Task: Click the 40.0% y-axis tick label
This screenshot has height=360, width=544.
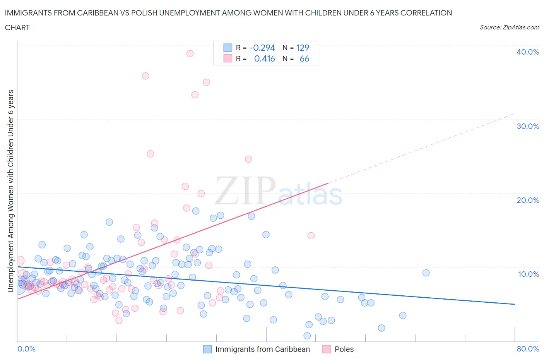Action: pyautogui.click(x=527, y=52)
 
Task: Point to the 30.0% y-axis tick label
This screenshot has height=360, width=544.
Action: pyautogui.click(x=527, y=126)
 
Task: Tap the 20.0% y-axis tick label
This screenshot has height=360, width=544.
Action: pyautogui.click(x=527, y=200)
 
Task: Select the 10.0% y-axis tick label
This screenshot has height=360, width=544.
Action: pyautogui.click(x=528, y=274)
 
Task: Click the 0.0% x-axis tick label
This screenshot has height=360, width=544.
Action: pyautogui.click(x=26, y=349)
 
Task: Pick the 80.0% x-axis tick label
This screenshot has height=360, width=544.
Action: pyautogui.click(x=528, y=349)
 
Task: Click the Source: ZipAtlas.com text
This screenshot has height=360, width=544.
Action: pyautogui.click(x=509, y=27)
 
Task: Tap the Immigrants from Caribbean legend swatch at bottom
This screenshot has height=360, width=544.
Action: pyautogui.click(x=207, y=349)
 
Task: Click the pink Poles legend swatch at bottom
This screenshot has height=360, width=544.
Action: pyautogui.click(x=327, y=349)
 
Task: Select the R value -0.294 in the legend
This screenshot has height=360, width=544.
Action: pyautogui.click(x=262, y=48)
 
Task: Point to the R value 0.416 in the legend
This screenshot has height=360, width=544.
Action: pyautogui.click(x=264, y=59)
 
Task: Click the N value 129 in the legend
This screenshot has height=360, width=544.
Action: pyautogui.click(x=303, y=48)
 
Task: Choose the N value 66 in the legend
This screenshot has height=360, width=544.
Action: pyautogui.click(x=304, y=59)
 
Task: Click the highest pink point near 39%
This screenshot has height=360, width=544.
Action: pyautogui.click(x=190, y=54)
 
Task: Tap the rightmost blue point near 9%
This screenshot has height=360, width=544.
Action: pyautogui.click(x=426, y=273)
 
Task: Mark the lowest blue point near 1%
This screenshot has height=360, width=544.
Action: pyautogui.click(x=307, y=336)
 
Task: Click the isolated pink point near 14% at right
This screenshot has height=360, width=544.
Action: pyautogui.click(x=311, y=235)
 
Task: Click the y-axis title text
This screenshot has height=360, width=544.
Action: pyautogui.click(x=10, y=190)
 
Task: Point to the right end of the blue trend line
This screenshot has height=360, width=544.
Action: pyautogui.click(x=515, y=304)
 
